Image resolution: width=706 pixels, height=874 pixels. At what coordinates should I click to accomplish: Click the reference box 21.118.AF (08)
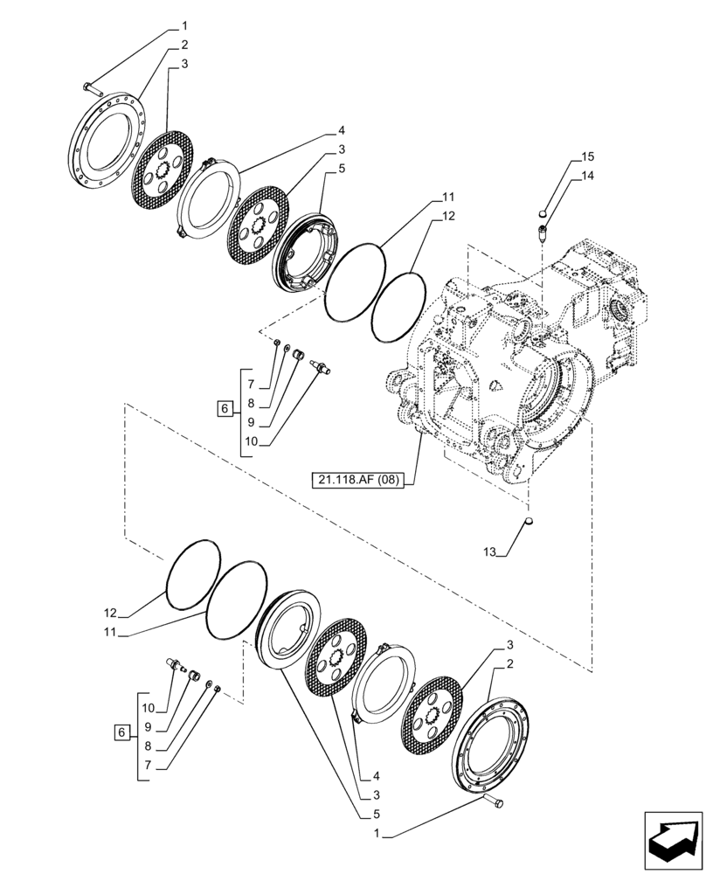(358, 478)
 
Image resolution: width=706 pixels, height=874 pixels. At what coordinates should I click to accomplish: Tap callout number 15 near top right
(587, 157)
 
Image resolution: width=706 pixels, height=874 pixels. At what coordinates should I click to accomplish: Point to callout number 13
(488, 551)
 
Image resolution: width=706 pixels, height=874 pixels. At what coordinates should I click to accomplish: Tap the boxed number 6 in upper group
(225, 409)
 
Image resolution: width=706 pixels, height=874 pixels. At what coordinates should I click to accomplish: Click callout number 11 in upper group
(446, 198)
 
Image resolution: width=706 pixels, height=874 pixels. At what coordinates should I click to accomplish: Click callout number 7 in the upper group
(250, 385)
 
